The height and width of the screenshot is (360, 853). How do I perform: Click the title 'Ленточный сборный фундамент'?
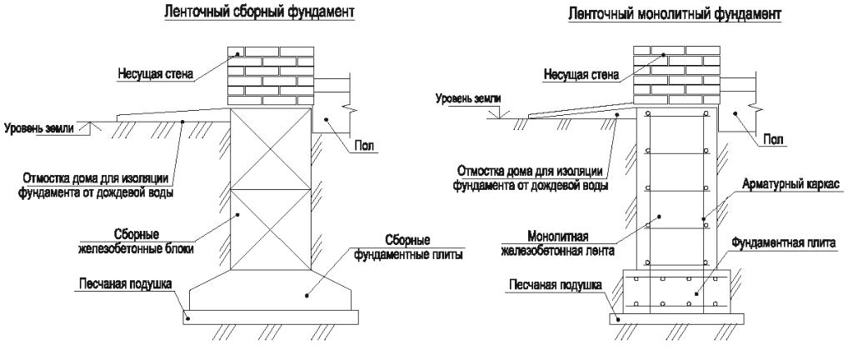[260, 12]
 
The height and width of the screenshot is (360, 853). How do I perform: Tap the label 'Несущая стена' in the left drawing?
[155, 74]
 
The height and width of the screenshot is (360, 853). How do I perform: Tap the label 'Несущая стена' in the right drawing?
[581, 75]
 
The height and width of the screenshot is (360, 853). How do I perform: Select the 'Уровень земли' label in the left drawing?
[38, 129]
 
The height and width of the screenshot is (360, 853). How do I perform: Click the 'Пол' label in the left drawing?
[367, 145]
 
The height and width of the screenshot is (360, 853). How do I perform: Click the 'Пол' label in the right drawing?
[774, 140]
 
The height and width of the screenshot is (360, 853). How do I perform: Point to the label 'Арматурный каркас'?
[791, 184]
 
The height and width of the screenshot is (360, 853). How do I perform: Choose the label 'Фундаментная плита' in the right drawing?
[783, 242]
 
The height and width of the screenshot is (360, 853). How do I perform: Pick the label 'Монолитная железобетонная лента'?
[557, 244]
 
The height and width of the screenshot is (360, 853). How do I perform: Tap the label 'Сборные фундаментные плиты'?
[408, 247]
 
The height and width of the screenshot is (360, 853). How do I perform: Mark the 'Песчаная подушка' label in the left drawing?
[126, 284]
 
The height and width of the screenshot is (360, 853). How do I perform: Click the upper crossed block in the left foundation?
[271, 148]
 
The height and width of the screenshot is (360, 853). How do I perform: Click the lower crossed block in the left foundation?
[271, 229]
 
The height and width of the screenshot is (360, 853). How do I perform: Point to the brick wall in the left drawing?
[271, 75]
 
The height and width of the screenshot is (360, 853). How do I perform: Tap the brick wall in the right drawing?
[676, 75]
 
